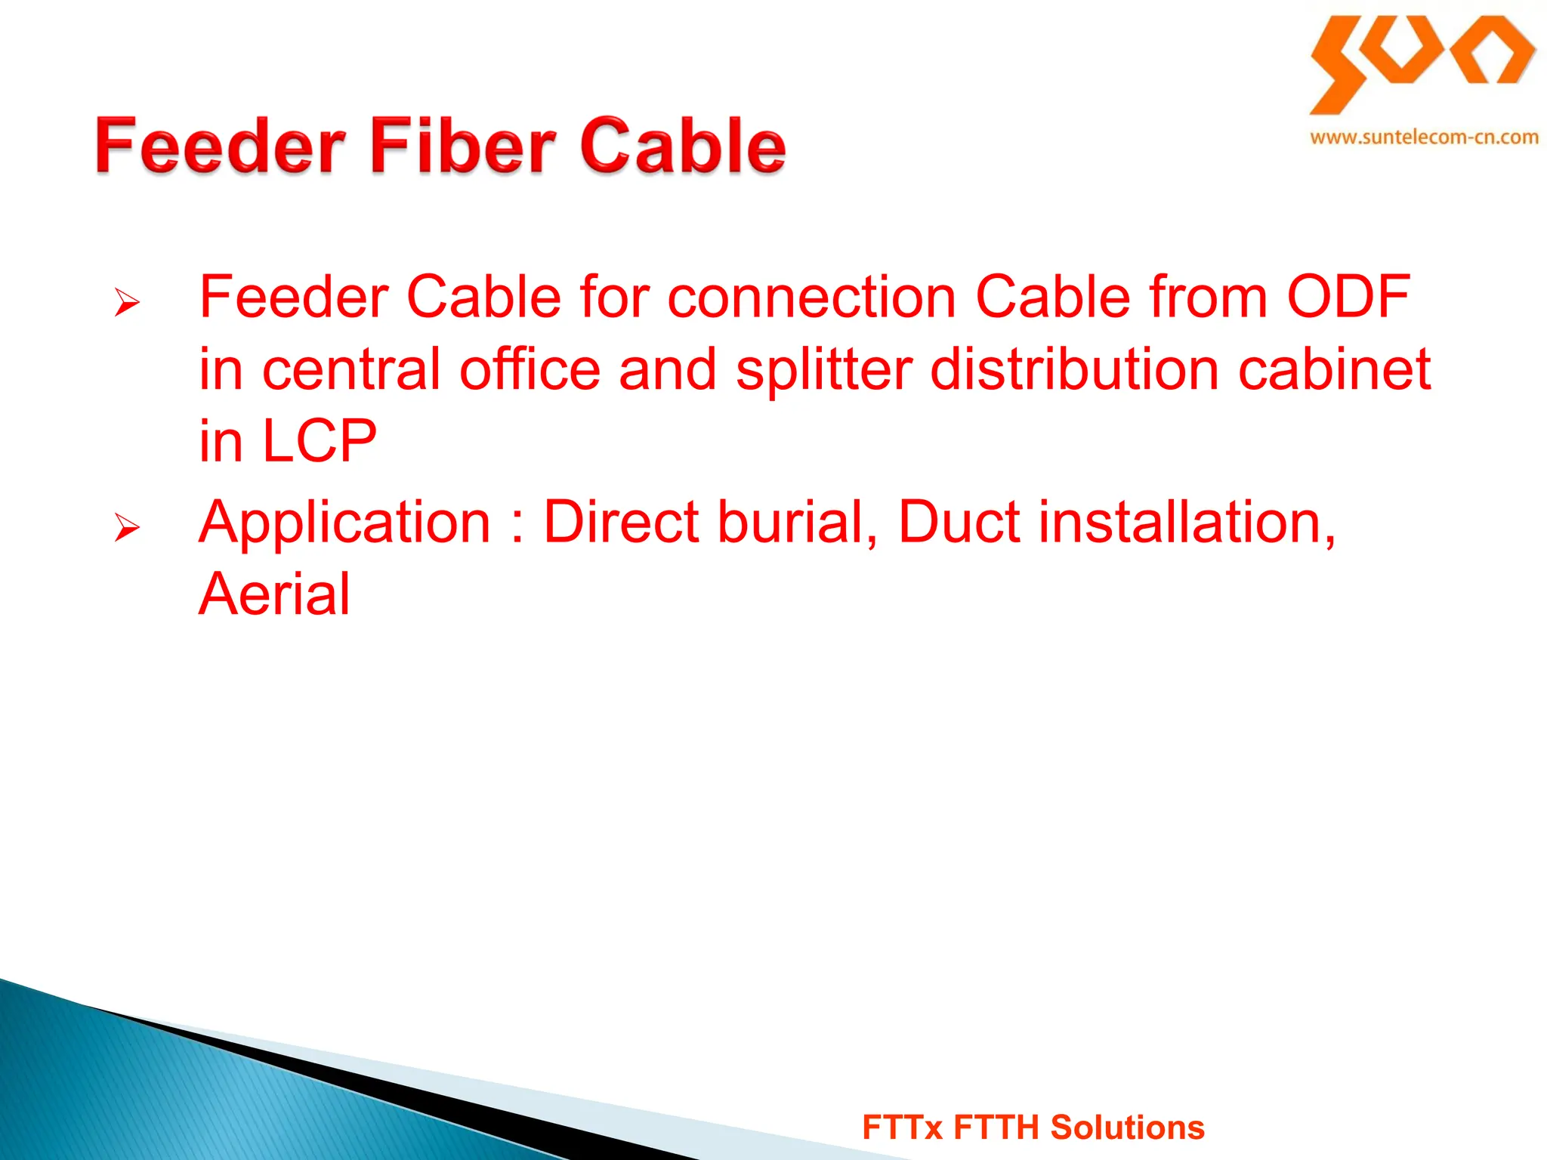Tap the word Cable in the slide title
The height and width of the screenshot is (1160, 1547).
click(x=683, y=145)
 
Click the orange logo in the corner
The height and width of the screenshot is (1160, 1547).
click(x=1422, y=63)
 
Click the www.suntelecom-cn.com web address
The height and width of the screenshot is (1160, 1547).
click(x=1424, y=137)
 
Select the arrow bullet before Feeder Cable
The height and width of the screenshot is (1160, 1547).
click(x=127, y=302)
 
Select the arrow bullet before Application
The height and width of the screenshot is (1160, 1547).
click(x=127, y=526)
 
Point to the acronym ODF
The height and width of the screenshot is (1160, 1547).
click(x=1348, y=297)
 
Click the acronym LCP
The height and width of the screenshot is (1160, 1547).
click(x=318, y=441)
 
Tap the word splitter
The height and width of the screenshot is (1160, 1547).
click(x=824, y=369)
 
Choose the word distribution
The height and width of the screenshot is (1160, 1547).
click(x=1073, y=369)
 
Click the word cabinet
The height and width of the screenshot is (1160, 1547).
click(x=1334, y=369)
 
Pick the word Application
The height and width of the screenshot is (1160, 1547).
click(x=344, y=523)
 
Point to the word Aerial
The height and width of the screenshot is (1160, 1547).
click(x=274, y=594)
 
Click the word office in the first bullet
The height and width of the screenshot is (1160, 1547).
click(x=530, y=369)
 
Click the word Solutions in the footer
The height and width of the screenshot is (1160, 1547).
click(x=1127, y=1128)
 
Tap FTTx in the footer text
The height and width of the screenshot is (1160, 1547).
click(x=902, y=1128)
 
